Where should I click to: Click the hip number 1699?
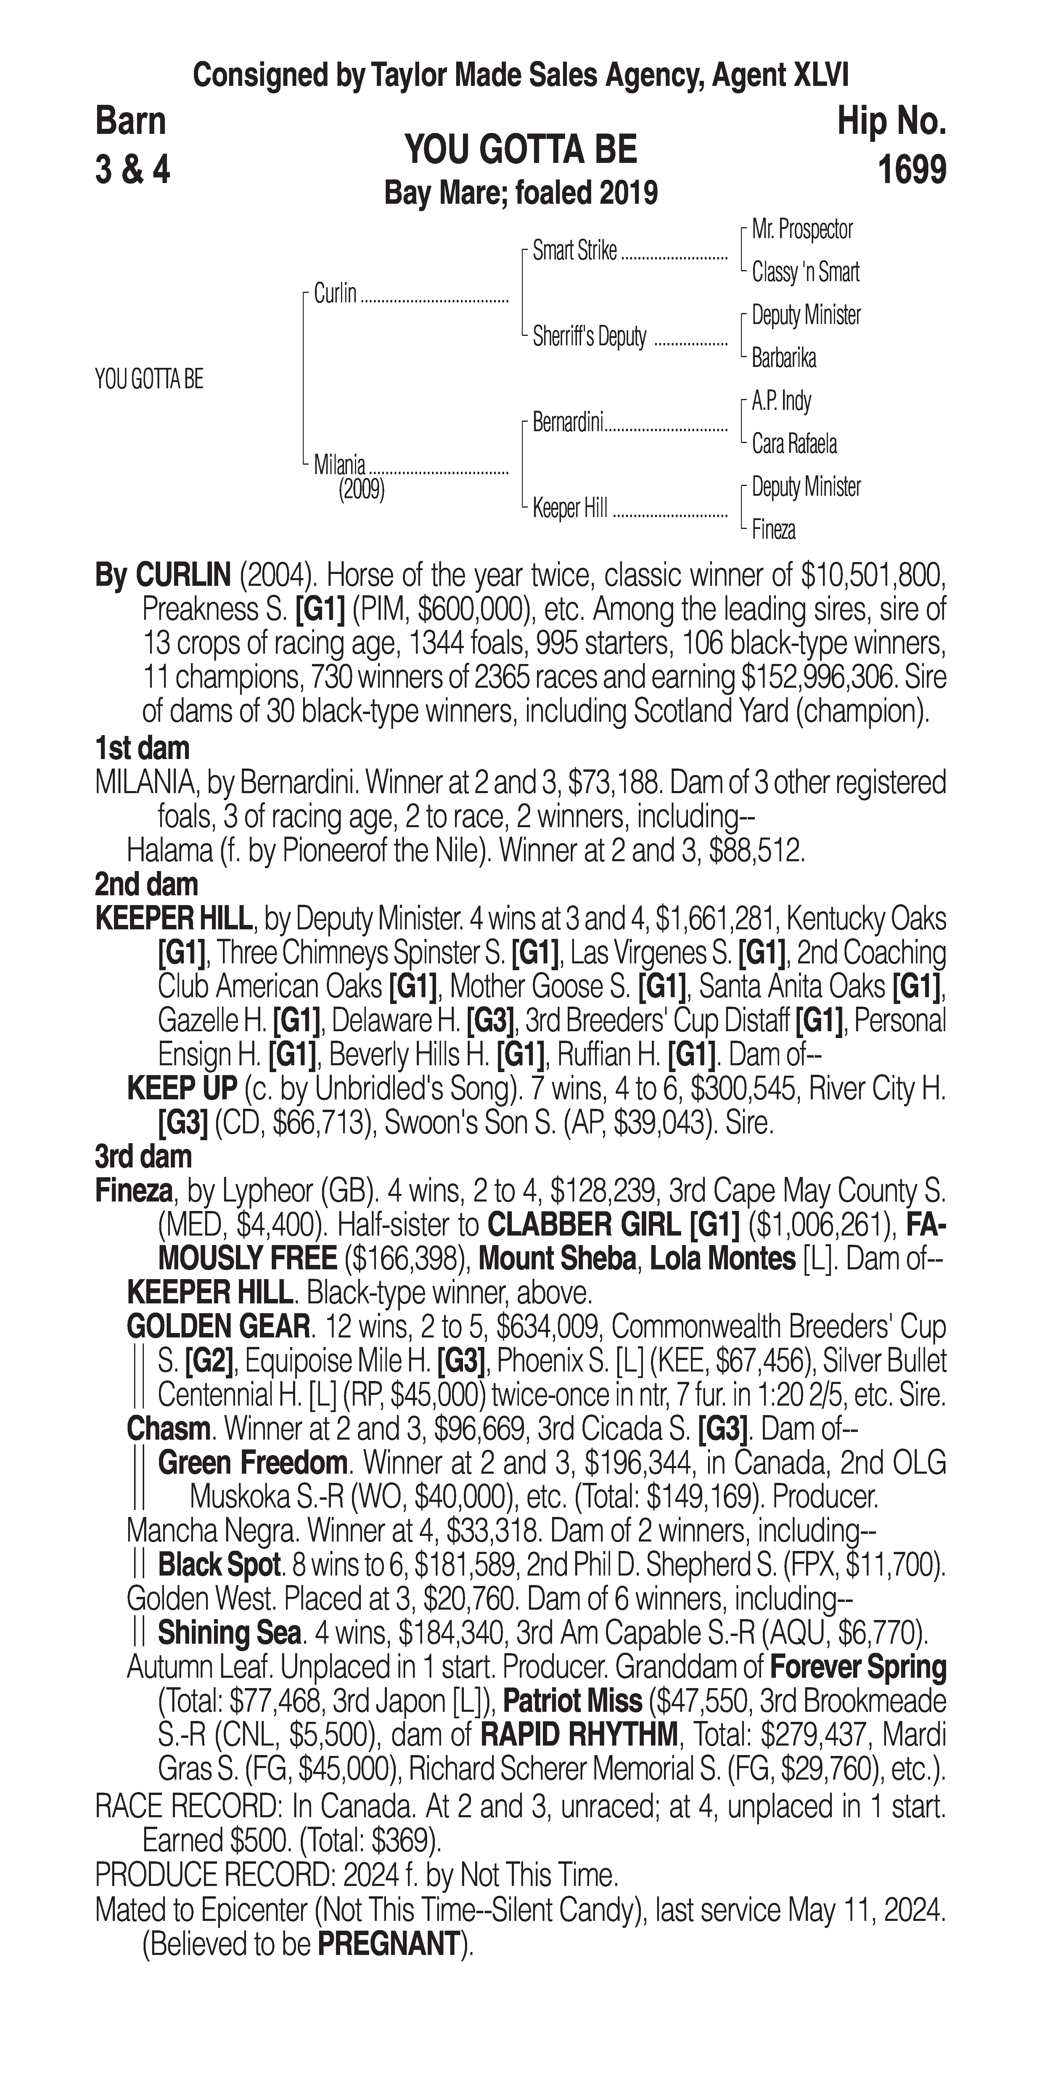911,171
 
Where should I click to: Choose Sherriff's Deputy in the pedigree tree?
589,336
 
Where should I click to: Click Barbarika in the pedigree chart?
784,358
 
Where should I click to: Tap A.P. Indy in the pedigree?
781,401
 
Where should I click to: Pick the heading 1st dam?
142,748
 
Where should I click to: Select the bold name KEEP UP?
182,1089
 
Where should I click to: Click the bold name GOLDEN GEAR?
218,1326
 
